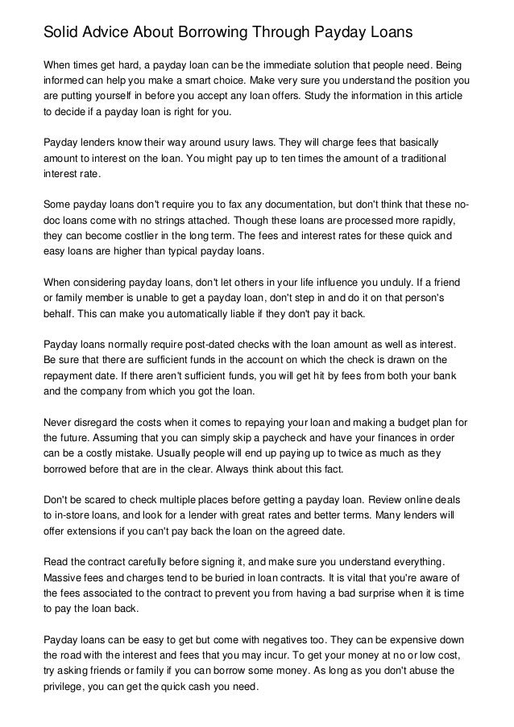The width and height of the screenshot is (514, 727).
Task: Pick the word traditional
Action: pyautogui.click(x=424, y=157)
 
